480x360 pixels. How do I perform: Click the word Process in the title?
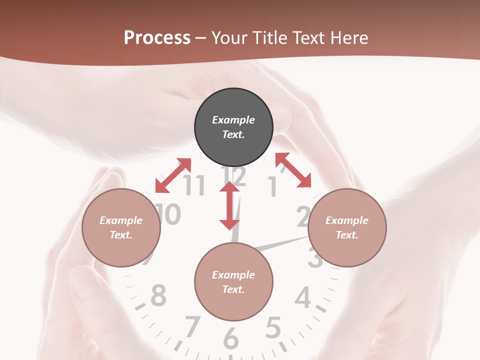[157, 38]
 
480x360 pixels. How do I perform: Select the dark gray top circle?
[233, 127]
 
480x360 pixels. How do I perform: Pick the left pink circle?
[121, 228]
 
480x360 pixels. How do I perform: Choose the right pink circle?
[347, 228]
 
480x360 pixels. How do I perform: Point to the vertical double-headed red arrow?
[229, 205]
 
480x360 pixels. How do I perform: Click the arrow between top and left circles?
[173, 175]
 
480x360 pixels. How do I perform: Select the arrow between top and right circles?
[293, 170]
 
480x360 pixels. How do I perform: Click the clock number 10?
[168, 214]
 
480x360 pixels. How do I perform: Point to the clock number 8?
[158, 295]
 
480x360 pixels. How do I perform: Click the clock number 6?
[230, 338]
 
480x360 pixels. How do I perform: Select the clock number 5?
[272, 328]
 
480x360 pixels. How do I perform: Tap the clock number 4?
[302, 298]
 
